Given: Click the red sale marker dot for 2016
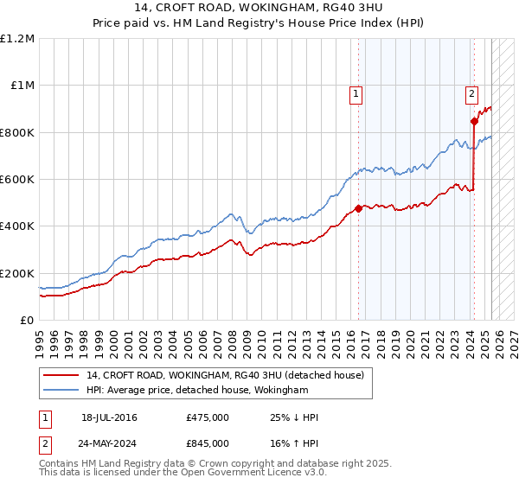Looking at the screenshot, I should click(x=358, y=208).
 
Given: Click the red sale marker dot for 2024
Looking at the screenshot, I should click(x=474, y=122).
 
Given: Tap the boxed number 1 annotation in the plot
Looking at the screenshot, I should click(x=356, y=95).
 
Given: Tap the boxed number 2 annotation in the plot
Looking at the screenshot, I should click(x=471, y=95).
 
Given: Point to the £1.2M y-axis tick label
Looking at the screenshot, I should click(x=17, y=39).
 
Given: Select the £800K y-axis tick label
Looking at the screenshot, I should click(x=17, y=133).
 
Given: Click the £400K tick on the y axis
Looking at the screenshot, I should click(x=17, y=226).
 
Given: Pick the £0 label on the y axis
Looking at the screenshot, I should click(x=28, y=321).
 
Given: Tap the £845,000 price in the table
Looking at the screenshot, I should click(x=208, y=447).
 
